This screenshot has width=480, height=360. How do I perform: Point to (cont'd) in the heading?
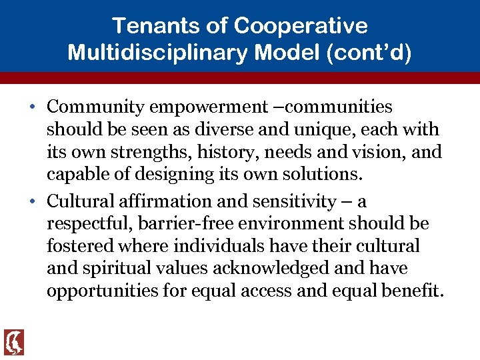point(369,52)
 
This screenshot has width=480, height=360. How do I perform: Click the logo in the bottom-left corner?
point(13,342)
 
